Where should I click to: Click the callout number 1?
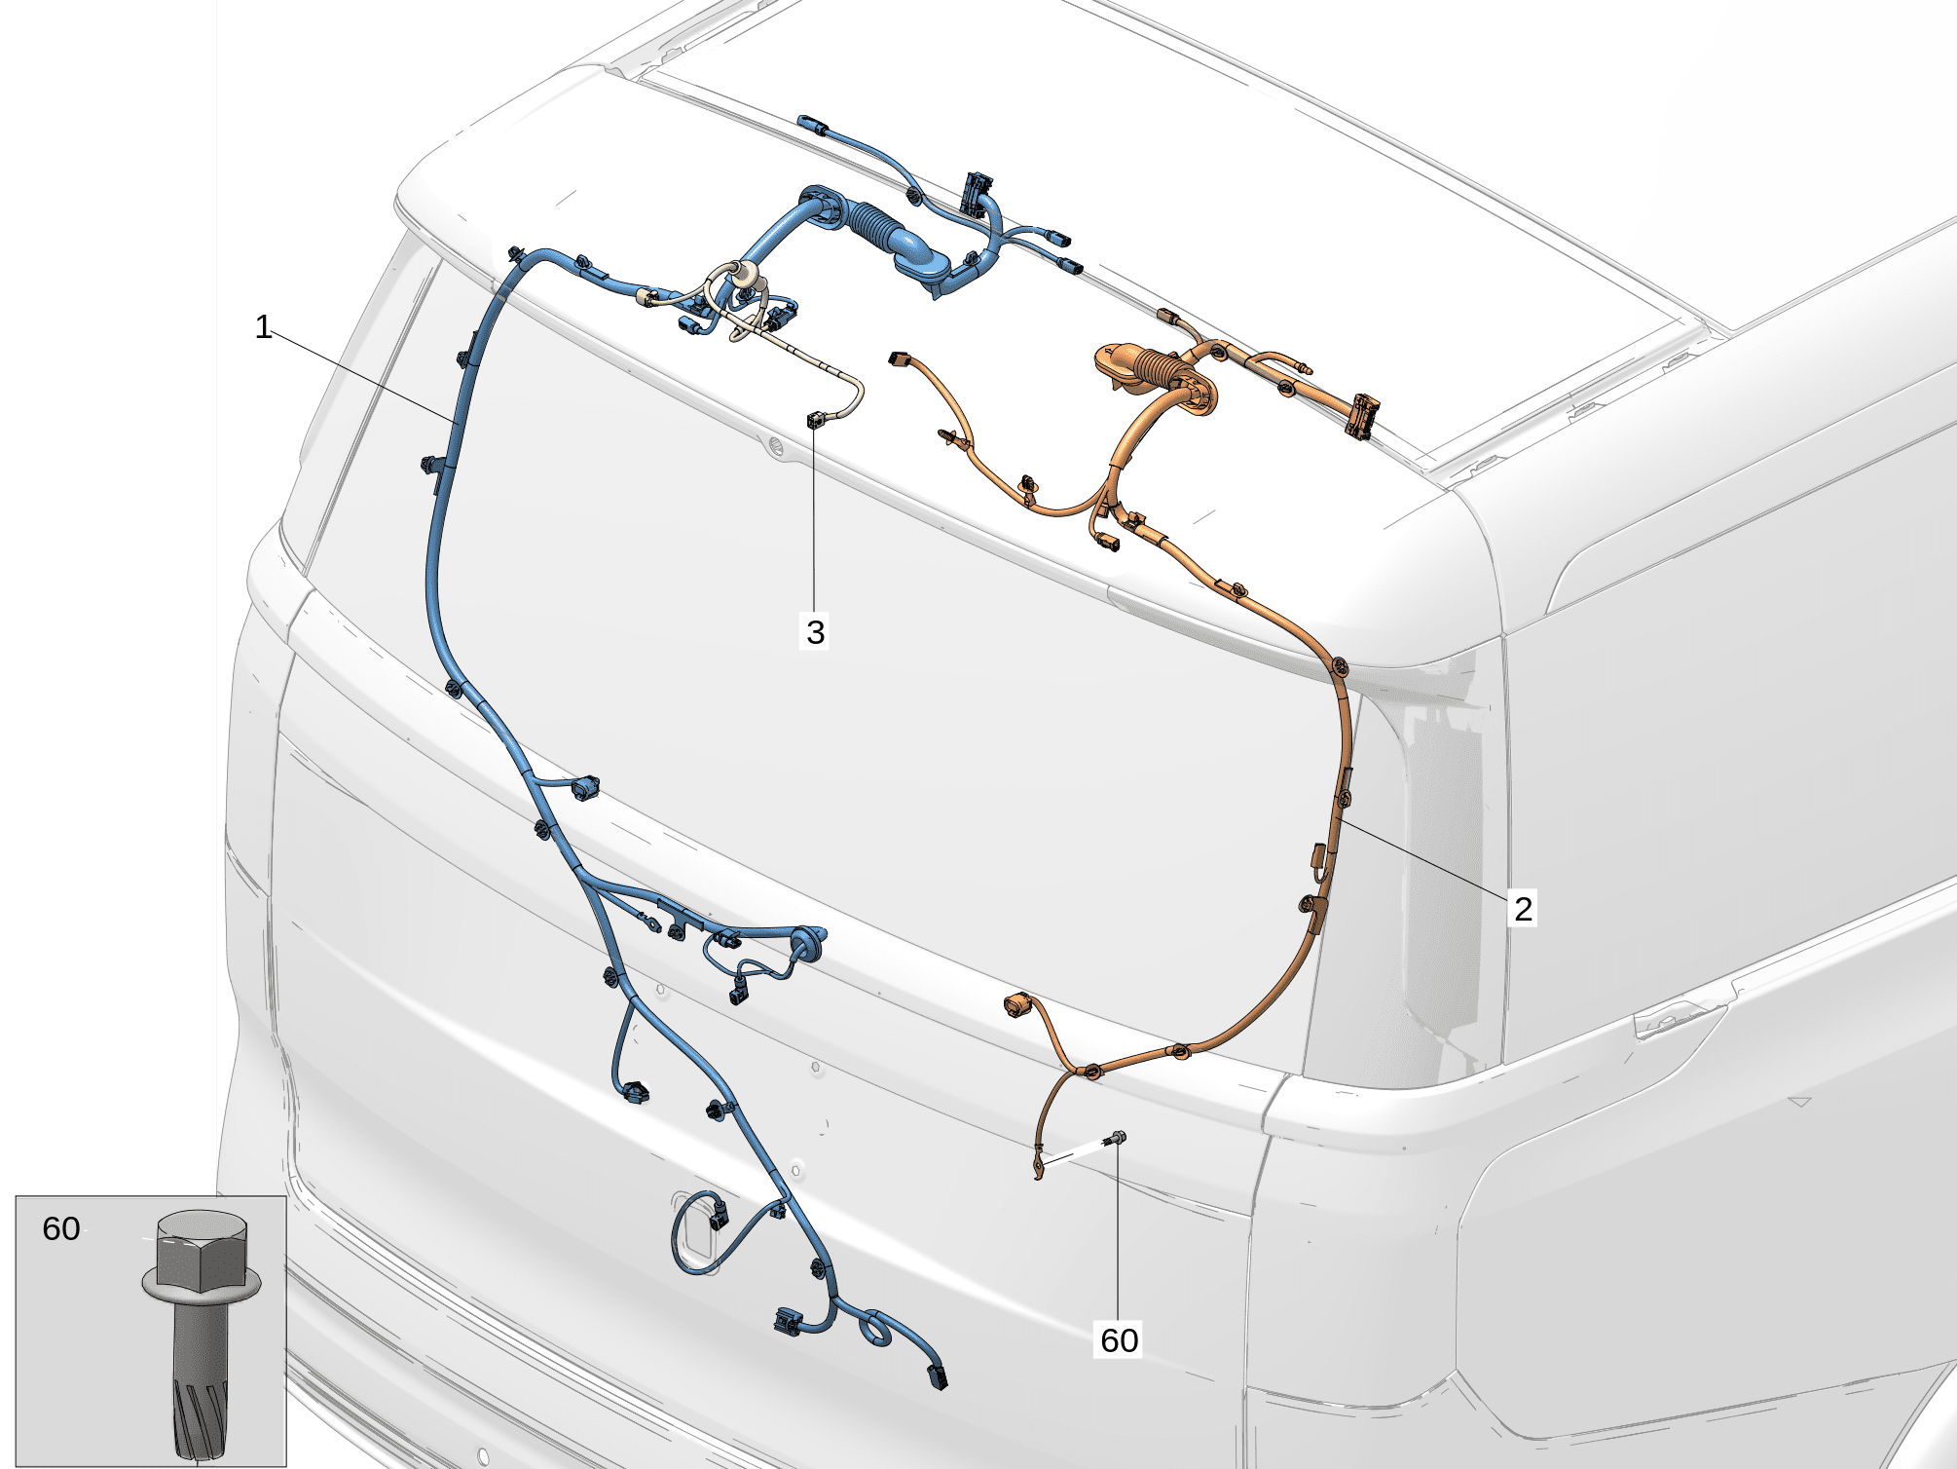263,326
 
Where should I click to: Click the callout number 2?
1523,908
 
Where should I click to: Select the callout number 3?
816,632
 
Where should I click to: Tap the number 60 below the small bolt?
1119,1340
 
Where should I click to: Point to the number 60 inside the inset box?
61,1228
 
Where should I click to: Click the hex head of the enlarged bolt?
202,1249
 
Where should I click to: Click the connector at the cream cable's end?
815,420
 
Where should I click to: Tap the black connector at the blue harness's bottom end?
938,1376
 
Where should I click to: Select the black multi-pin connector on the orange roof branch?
1361,416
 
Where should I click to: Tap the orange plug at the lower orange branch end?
1017,1004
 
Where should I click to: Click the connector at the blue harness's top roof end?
811,124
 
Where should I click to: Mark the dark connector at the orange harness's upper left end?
898,358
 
